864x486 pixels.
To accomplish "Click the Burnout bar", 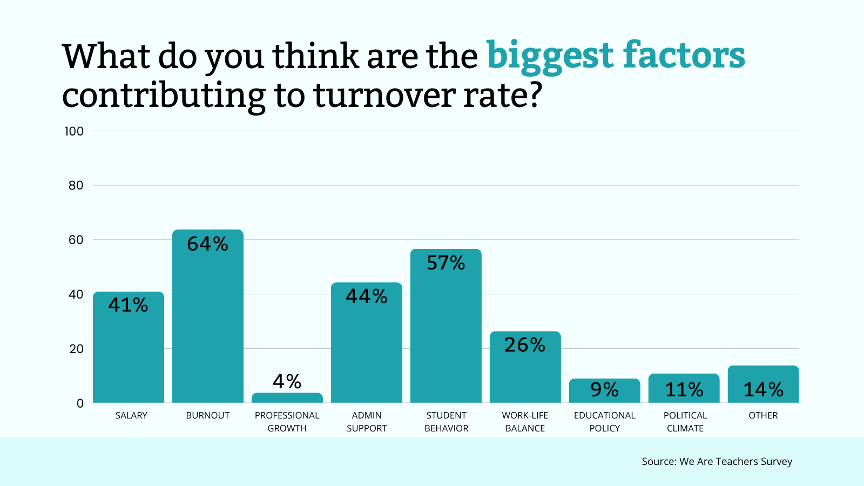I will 208,324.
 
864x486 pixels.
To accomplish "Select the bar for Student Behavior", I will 446,335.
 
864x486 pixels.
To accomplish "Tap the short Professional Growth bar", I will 287,398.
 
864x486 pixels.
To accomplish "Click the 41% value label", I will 128,305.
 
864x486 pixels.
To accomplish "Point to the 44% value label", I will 367,296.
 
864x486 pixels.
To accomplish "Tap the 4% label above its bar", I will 287,382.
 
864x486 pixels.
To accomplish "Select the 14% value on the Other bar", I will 763,389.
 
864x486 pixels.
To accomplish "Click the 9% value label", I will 604,389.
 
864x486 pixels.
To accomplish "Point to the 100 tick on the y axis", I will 74,131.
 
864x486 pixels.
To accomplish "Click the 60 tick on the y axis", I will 76,240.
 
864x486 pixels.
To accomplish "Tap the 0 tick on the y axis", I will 80,403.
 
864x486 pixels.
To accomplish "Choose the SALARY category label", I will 131,415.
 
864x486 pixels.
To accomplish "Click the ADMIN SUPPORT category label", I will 367,422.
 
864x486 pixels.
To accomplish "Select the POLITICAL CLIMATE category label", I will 685,422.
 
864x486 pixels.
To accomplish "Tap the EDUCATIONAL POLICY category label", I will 604,422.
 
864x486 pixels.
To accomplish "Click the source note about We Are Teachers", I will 717,461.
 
